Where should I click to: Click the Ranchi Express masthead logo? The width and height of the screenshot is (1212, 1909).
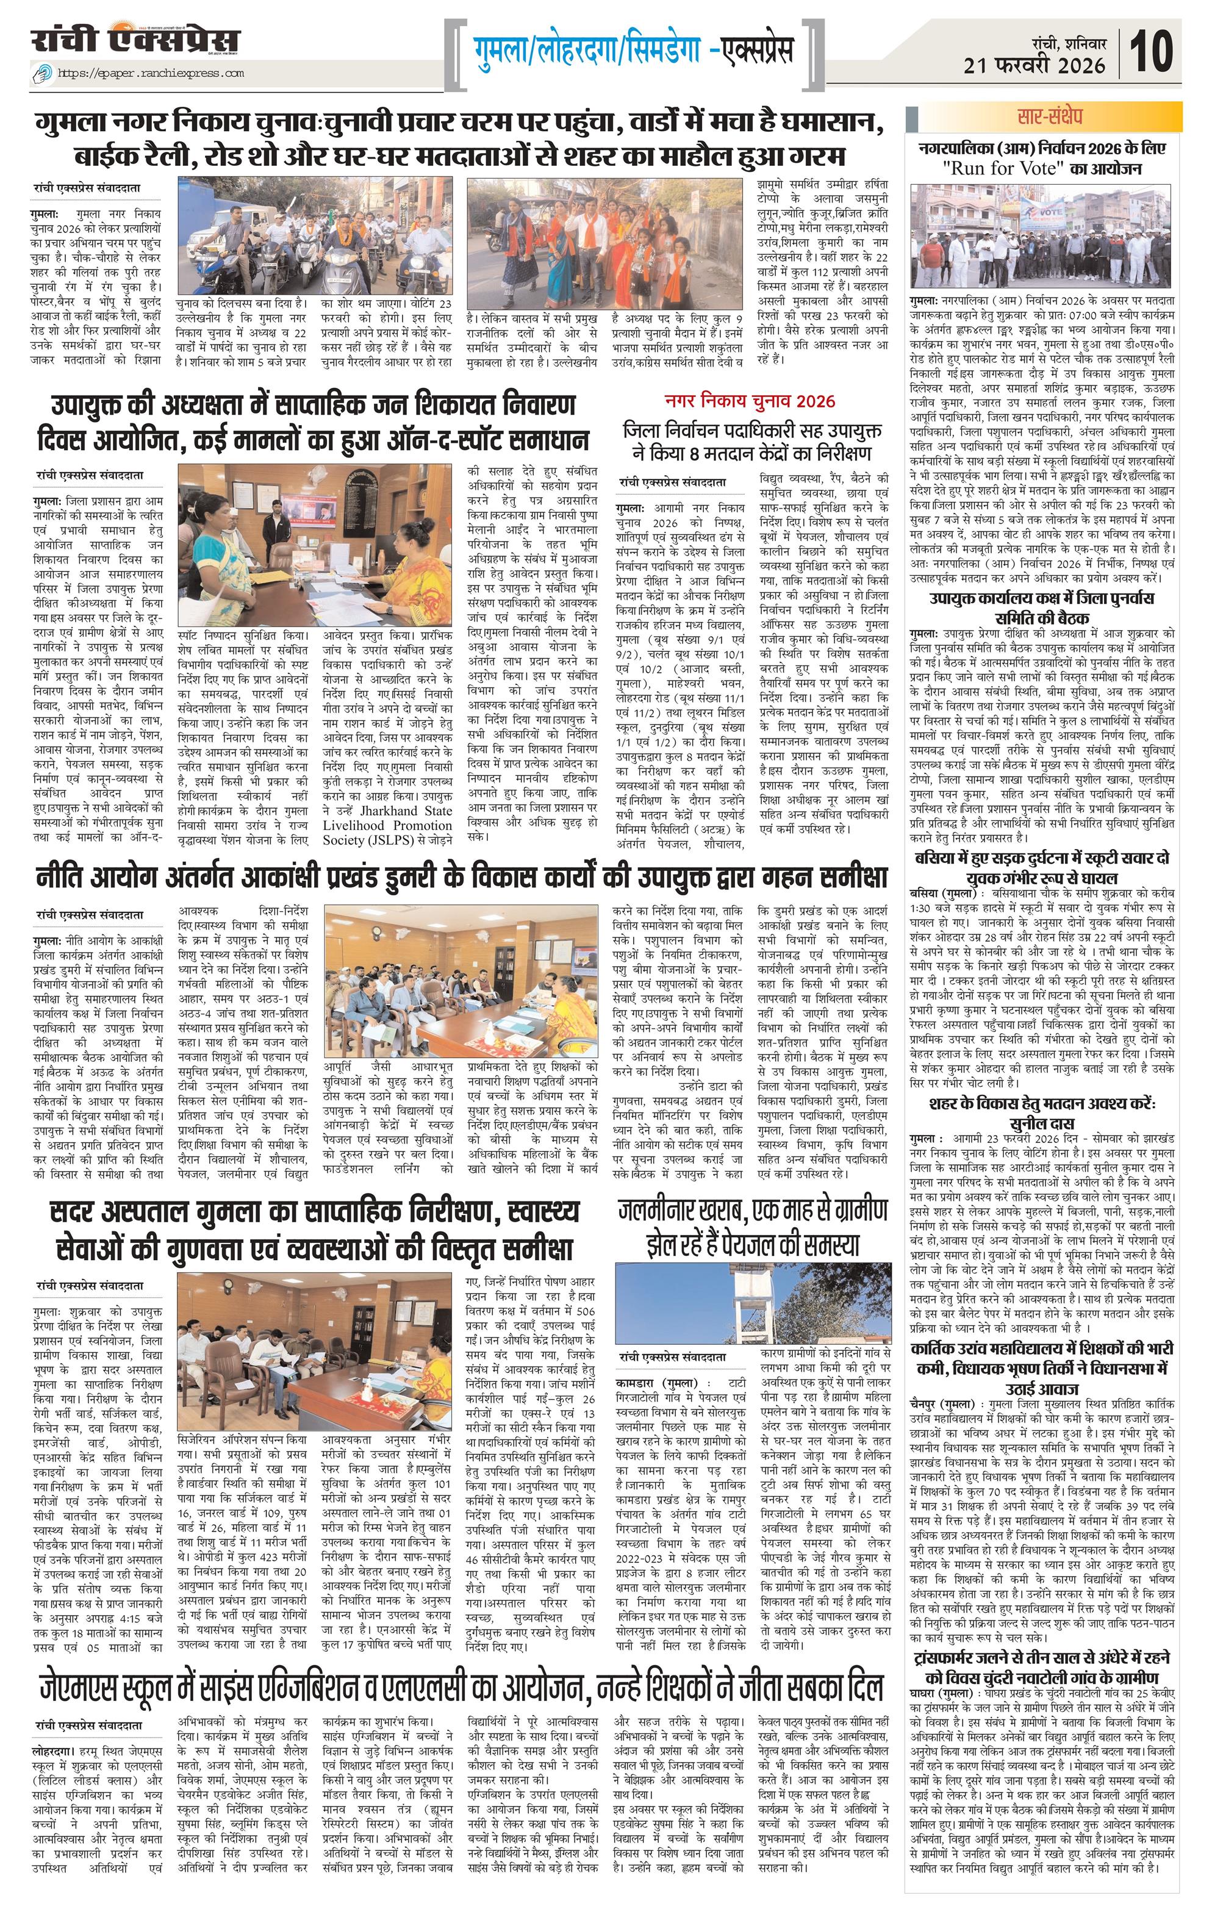click(135, 41)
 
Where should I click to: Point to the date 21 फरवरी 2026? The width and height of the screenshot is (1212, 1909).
click(1035, 65)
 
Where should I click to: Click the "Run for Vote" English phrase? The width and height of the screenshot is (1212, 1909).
click(997, 169)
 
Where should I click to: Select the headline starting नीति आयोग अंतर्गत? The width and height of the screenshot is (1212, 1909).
click(460, 878)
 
